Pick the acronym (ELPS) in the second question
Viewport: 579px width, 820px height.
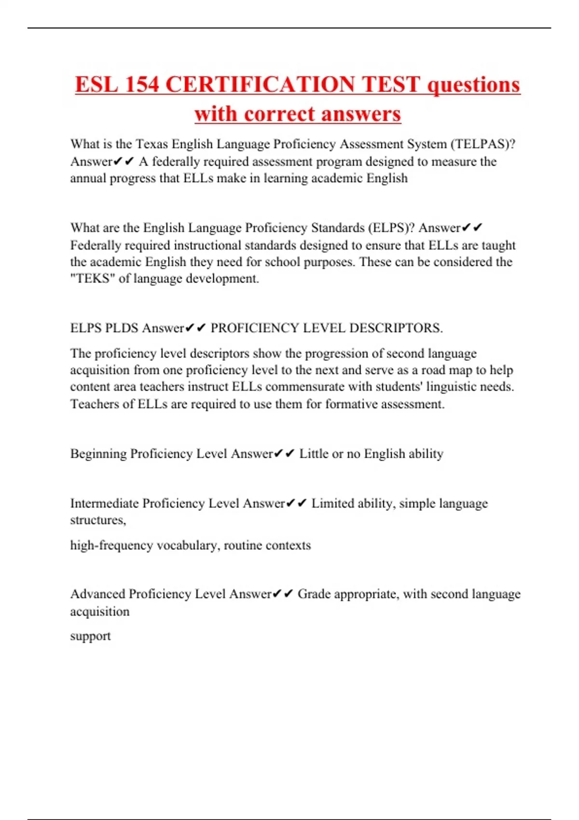(x=391, y=228)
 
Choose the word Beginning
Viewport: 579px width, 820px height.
(x=98, y=454)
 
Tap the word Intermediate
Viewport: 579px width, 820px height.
(x=105, y=504)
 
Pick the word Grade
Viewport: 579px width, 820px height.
(x=314, y=594)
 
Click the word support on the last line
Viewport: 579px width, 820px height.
(x=90, y=636)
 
